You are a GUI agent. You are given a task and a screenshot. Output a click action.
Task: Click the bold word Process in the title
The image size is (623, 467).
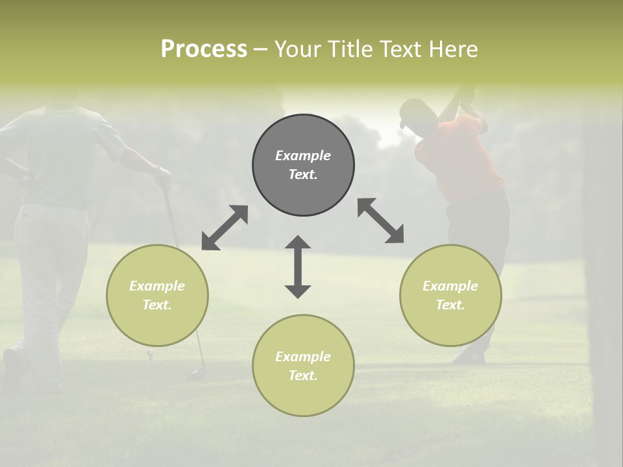click(204, 49)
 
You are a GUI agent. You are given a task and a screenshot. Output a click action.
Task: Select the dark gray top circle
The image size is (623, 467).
click(303, 165)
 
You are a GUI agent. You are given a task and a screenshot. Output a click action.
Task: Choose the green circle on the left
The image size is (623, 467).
click(157, 295)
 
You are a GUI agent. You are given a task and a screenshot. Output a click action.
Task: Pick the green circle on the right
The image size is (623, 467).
click(450, 295)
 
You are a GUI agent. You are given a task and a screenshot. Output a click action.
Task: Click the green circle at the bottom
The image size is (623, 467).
click(303, 365)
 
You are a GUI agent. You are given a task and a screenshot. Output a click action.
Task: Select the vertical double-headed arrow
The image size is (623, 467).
click(298, 267)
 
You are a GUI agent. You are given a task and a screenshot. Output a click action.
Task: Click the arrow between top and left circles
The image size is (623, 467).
click(225, 228)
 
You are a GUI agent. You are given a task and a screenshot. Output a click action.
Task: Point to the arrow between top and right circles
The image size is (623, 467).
click(380, 221)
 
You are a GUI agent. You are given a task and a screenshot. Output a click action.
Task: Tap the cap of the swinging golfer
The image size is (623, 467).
click(411, 112)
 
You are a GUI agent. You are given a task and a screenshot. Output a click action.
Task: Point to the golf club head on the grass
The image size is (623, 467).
click(195, 374)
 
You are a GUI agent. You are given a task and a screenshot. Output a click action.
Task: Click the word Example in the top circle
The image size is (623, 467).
click(303, 156)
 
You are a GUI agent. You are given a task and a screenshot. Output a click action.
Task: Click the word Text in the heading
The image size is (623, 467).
click(398, 49)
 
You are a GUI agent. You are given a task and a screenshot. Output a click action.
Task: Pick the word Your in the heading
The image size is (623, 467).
click(298, 49)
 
